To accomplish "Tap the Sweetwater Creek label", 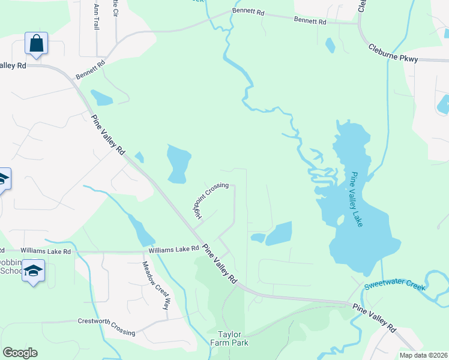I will (394, 285).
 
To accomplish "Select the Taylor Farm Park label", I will (229, 338).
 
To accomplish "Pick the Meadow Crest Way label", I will (155, 285).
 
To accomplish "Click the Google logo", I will (20, 353).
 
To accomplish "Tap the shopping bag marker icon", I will (36, 44).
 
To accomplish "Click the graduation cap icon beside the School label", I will (33, 271).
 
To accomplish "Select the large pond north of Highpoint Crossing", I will (178, 163).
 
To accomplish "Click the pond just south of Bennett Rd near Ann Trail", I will (101, 98).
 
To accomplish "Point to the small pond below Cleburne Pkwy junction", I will (330, 45).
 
